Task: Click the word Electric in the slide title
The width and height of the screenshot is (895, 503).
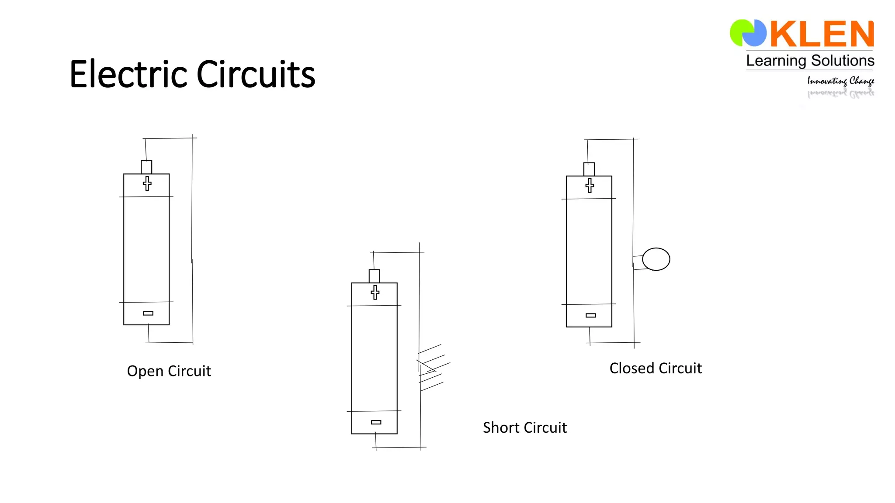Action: (129, 74)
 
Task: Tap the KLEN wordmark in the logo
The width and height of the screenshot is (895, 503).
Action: (822, 34)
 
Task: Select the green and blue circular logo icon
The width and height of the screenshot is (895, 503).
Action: (748, 33)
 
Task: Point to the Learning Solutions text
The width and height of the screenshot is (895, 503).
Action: (810, 61)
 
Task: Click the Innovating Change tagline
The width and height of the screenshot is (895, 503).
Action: (840, 81)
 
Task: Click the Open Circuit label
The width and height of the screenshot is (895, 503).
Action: (169, 371)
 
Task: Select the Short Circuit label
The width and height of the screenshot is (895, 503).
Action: (524, 427)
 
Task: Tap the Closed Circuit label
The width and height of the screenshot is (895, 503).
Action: (656, 368)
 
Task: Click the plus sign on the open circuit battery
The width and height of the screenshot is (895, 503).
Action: (147, 183)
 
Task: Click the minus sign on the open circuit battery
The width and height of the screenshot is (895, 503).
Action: (148, 313)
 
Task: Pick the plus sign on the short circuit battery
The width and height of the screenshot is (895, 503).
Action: (375, 292)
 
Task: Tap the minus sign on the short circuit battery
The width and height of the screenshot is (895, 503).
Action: (376, 422)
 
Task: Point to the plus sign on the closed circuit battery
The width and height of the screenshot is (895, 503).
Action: (590, 186)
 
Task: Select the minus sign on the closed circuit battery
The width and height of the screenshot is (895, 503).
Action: (591, 315)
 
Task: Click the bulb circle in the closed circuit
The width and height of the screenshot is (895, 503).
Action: (656, 259)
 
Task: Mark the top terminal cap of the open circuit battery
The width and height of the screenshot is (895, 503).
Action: (146, 167)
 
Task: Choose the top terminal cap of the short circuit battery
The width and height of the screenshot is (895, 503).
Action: (375, 276)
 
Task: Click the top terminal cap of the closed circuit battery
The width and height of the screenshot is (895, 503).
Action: (589, 169)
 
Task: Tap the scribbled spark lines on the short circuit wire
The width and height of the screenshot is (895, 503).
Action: (432, 367)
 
